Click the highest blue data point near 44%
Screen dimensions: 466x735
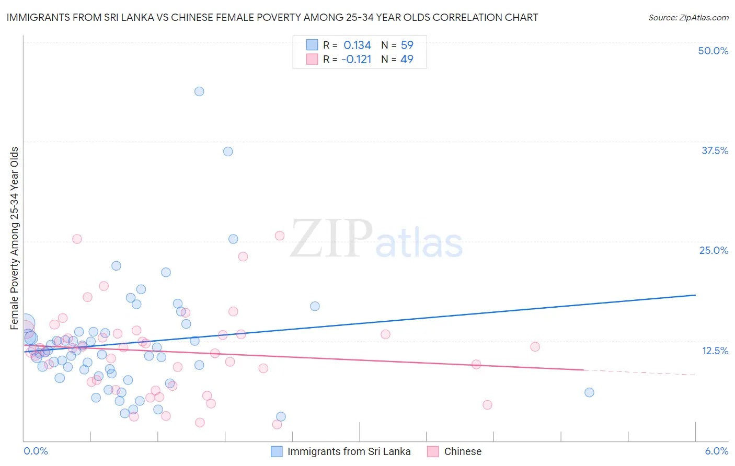pos(199,91)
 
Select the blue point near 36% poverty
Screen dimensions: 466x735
pos(228,152)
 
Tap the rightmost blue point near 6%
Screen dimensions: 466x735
pos(589,392)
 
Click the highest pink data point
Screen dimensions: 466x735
pos(280,236)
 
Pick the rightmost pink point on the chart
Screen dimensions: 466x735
pos(535,346)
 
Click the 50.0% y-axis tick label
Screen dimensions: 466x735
pos(713,51)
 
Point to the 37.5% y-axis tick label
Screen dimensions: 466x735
pos(715,150)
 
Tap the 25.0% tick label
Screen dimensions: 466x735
pos(714,250)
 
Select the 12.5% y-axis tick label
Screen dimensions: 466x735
pos(715,351)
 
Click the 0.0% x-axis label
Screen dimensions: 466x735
pos(36,451)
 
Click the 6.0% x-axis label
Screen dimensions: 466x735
pos(716,451)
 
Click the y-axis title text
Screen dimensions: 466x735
pos(15,238)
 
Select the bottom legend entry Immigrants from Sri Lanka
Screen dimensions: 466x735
pos(349,451)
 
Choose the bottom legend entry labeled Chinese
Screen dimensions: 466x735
pos(463,451)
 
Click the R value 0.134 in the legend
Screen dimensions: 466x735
pos(357,45)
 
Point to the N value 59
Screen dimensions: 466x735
pos(407,45)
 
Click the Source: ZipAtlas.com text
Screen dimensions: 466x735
pos(688,17)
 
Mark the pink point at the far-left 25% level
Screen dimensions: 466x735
pos(77,239)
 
